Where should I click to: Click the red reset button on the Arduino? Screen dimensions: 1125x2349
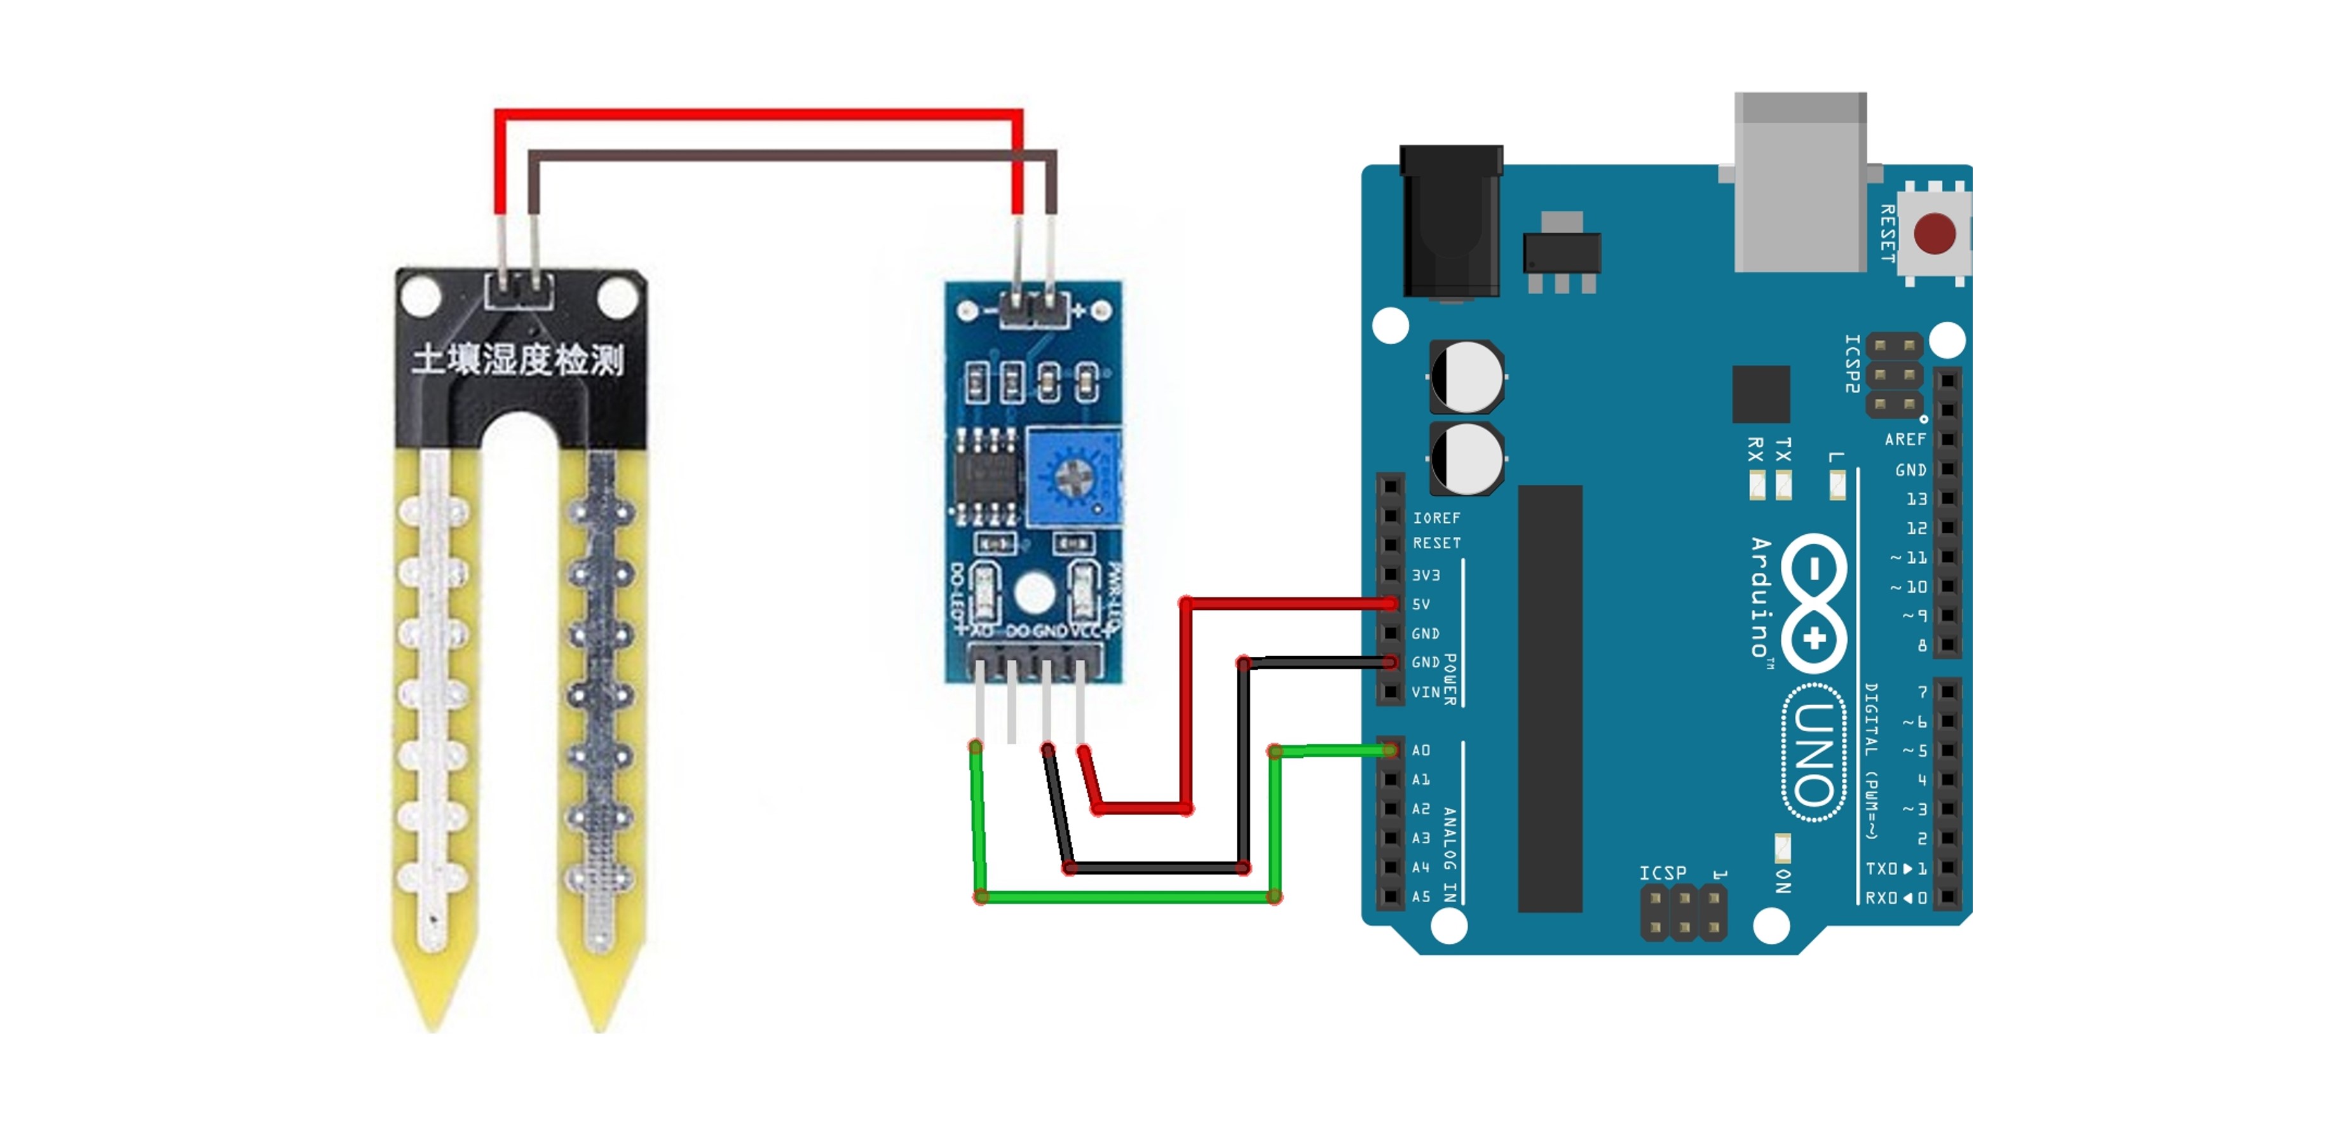click(1934, 233)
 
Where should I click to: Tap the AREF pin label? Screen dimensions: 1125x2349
click(1905, 440)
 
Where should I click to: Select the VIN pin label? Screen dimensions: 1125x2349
click(1426, 692)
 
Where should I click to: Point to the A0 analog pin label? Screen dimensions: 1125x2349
click(1420, 750)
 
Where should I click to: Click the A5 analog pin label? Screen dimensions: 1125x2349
click(1420, 896)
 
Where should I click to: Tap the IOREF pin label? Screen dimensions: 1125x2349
click(1436, 518)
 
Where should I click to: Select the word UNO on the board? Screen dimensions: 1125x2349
click(1815, 753)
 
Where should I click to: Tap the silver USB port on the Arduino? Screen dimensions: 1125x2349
click(1800, 182)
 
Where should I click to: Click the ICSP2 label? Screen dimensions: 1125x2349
click(1852, 363)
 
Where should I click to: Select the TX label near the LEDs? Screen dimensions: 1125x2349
click(1783, 448)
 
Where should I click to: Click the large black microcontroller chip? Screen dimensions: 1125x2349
click(1549, 697)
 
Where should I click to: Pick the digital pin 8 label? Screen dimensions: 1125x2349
click(1921, 645)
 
